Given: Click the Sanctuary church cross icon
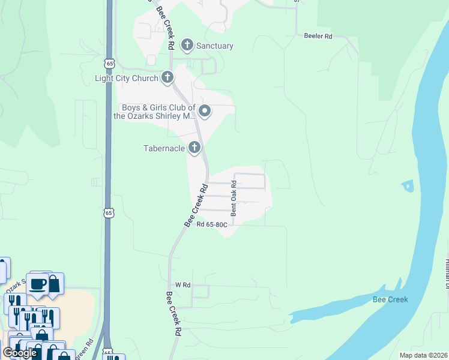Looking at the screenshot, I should [187, 45].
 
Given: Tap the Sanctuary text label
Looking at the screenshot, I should [215, 46].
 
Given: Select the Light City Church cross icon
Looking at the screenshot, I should [167, 77].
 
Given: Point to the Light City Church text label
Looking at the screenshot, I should [126, 78].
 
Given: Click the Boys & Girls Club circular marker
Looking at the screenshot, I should [205, 111].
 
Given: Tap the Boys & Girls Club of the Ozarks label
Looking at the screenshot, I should [155, 112].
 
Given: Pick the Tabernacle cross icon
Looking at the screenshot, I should [194, 147].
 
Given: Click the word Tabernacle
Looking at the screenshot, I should [164, 148].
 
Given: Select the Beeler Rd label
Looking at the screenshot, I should [318, 37].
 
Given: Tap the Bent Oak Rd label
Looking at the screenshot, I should [234, 200].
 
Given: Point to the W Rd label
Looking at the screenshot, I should [182, 285].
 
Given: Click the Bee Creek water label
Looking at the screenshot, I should [390, 299].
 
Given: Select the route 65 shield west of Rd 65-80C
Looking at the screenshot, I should [108, 212].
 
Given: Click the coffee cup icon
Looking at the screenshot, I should [37, 283].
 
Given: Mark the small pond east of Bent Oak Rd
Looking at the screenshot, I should [409, 187].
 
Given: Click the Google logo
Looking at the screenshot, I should [20, 353].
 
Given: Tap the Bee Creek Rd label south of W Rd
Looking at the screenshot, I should [173, 313].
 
